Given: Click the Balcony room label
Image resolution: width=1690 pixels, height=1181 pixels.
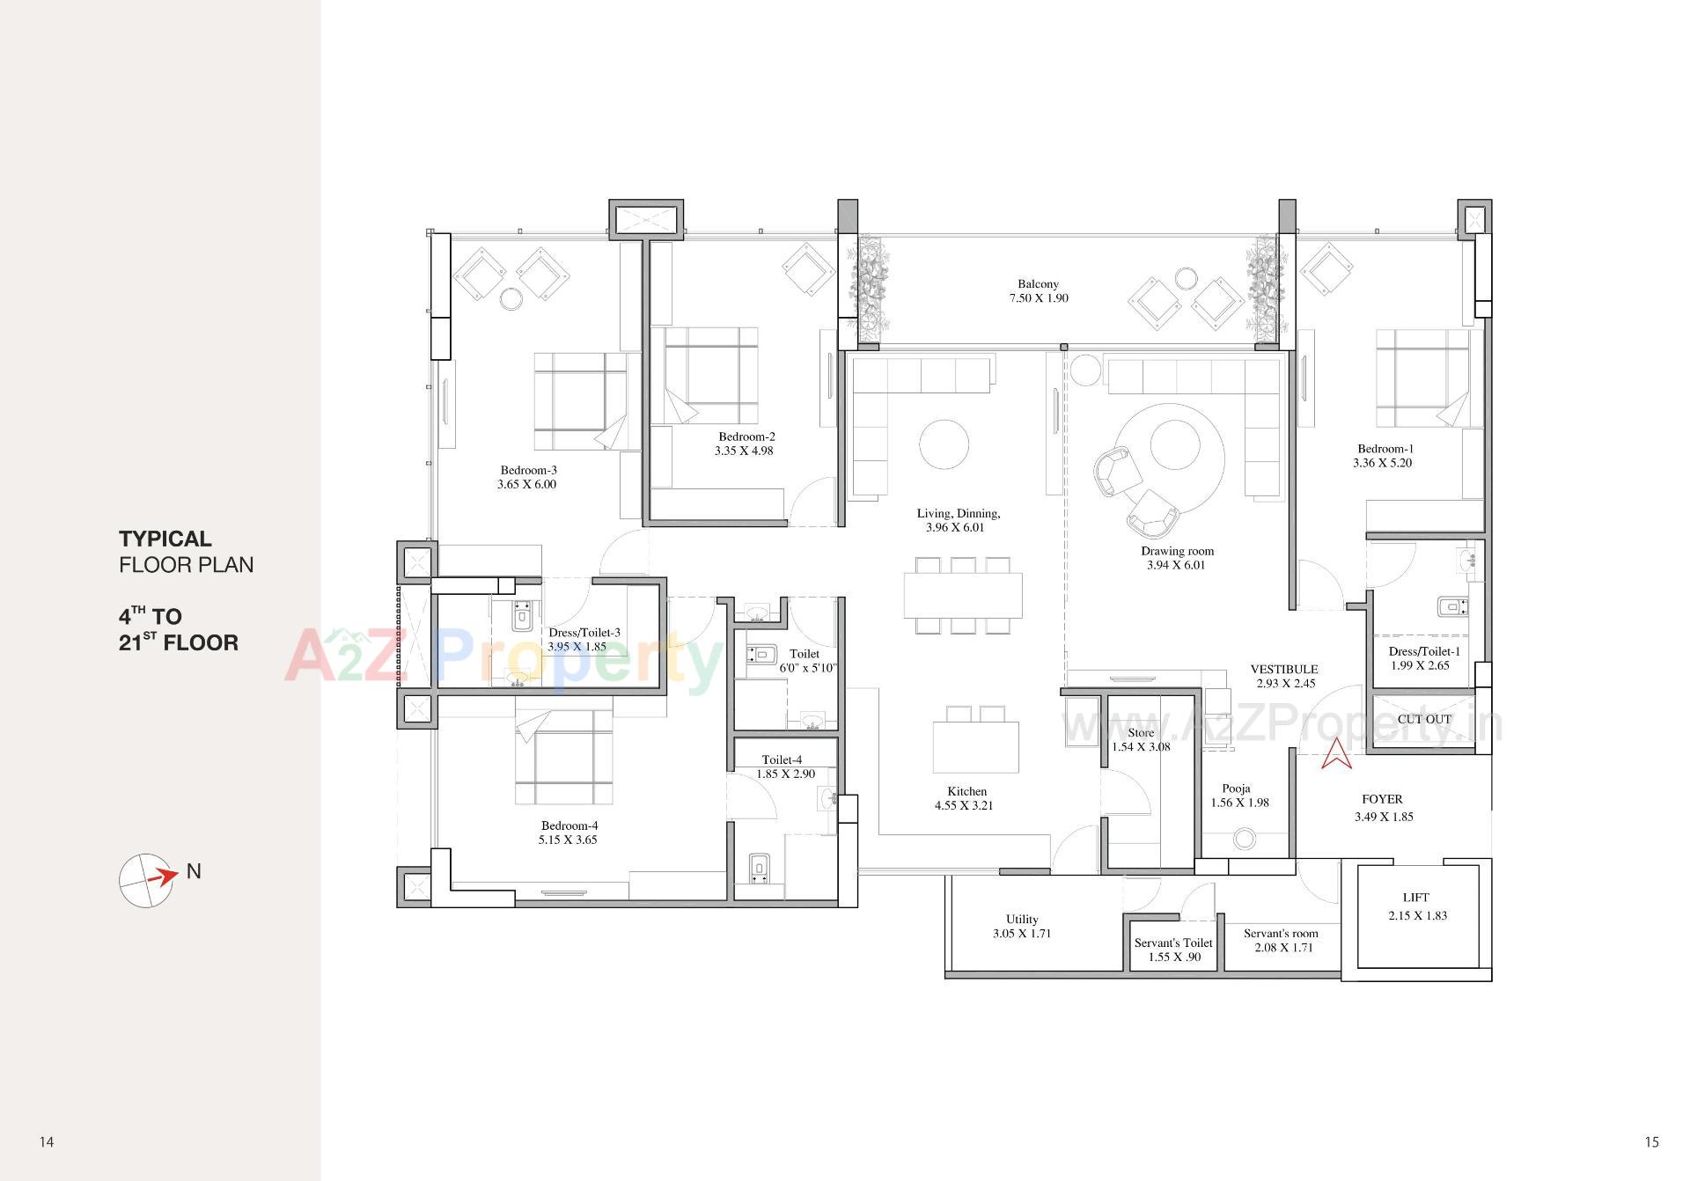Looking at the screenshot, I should click(1038, 284).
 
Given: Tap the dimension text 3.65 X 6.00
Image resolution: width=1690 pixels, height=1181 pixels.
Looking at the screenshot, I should click(526, 484).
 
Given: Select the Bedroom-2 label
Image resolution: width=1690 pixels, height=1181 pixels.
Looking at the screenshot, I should click(746, 436).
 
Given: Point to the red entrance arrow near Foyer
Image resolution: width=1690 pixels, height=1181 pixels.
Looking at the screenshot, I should click(1336, 753).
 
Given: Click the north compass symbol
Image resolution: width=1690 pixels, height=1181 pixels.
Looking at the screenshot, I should click(146, 880).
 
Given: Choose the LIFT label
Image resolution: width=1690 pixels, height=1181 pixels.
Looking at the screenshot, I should click(1415, 898).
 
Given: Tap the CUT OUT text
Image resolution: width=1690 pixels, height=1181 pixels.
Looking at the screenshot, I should click(1424, 719).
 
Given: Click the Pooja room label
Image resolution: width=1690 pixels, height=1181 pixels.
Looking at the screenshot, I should click(1236, 789).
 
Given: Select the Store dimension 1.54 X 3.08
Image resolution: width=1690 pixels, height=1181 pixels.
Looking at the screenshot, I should click(1141, 747).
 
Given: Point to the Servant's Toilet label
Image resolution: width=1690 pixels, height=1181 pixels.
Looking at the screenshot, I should click(1173, 943).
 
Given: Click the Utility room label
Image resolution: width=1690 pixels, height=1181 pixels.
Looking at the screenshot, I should click(1022, 919).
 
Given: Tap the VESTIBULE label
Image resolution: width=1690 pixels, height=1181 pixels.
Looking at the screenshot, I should click(1284, 669).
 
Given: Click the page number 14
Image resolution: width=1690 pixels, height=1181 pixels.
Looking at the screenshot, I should click(47, 1142).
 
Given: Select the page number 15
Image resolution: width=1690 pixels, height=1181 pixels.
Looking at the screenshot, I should click(1650, 1142).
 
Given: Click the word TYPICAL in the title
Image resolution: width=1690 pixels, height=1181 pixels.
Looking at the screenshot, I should click(165, 539).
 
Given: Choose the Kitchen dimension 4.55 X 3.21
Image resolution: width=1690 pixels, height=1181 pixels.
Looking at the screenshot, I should click(964, 805).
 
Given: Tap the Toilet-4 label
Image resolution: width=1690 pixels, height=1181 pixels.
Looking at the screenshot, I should click(782, 759).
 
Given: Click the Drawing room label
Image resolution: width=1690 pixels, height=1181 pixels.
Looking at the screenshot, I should click(1177, 551).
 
